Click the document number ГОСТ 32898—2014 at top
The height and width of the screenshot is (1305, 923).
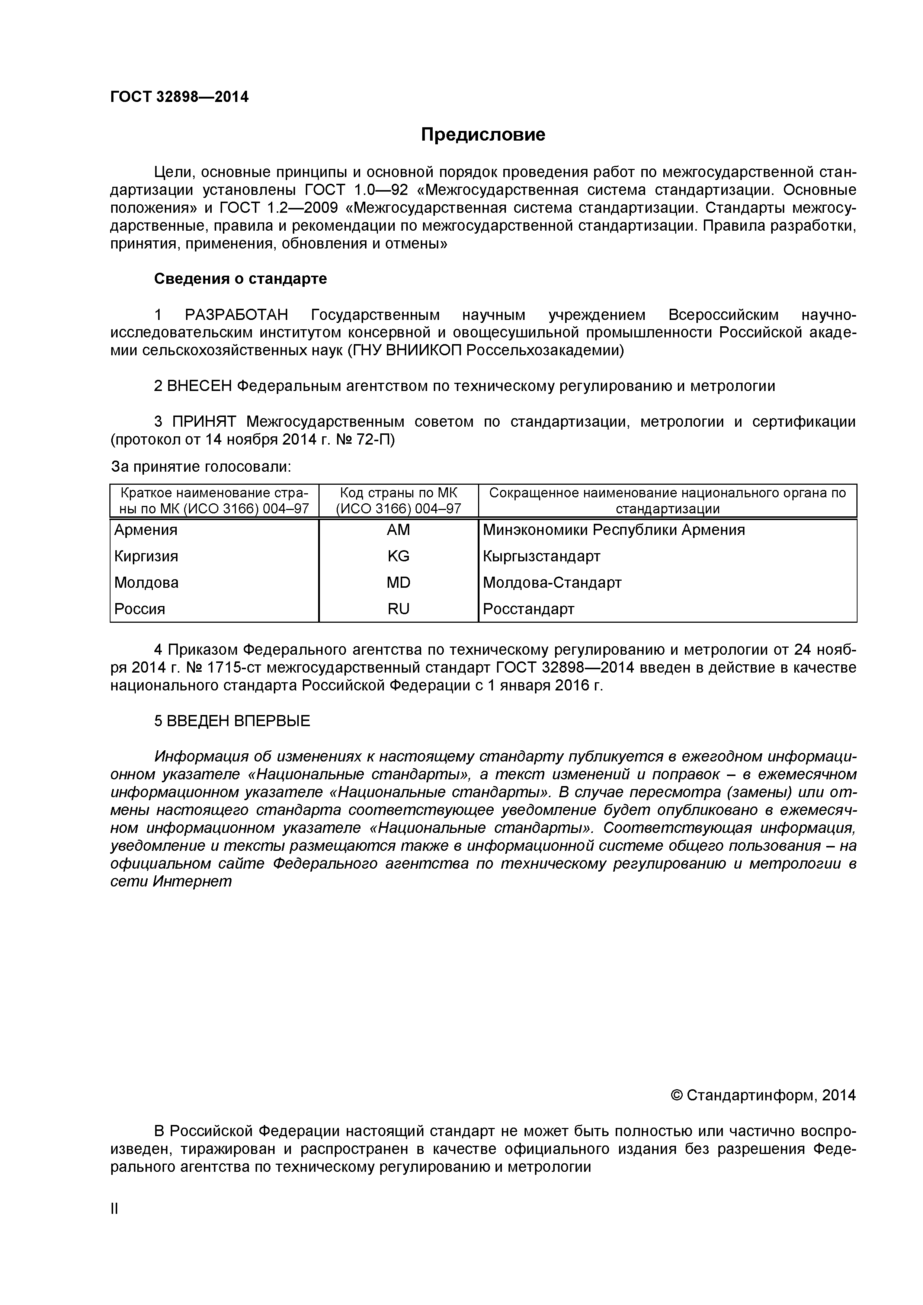(x=179, y=97)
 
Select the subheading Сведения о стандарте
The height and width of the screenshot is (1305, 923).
(x=240, y=279)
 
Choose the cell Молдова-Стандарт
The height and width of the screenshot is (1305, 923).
(x=552, y=583)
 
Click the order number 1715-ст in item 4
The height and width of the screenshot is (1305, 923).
(x=235, y=667)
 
